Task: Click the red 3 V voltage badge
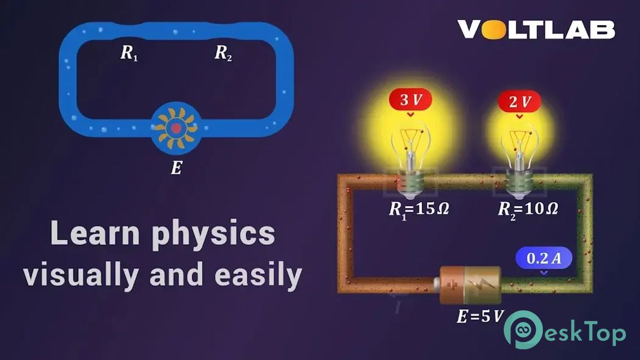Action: [410, 100]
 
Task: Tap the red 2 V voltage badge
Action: [519, 101]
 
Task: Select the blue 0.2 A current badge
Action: [544, 257]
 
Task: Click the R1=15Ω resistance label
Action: [419, 209]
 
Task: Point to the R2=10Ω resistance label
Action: [528, 209]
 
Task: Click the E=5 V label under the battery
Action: [480, 316]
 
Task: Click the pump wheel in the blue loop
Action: [177, 128]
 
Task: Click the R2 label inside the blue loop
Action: [223, 53]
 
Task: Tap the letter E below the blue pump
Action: [177, 167]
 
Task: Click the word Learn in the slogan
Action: [95, 233]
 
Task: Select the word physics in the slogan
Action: [214, 235]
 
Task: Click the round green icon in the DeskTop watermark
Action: [524, 329]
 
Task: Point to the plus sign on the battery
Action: [452, 284]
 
